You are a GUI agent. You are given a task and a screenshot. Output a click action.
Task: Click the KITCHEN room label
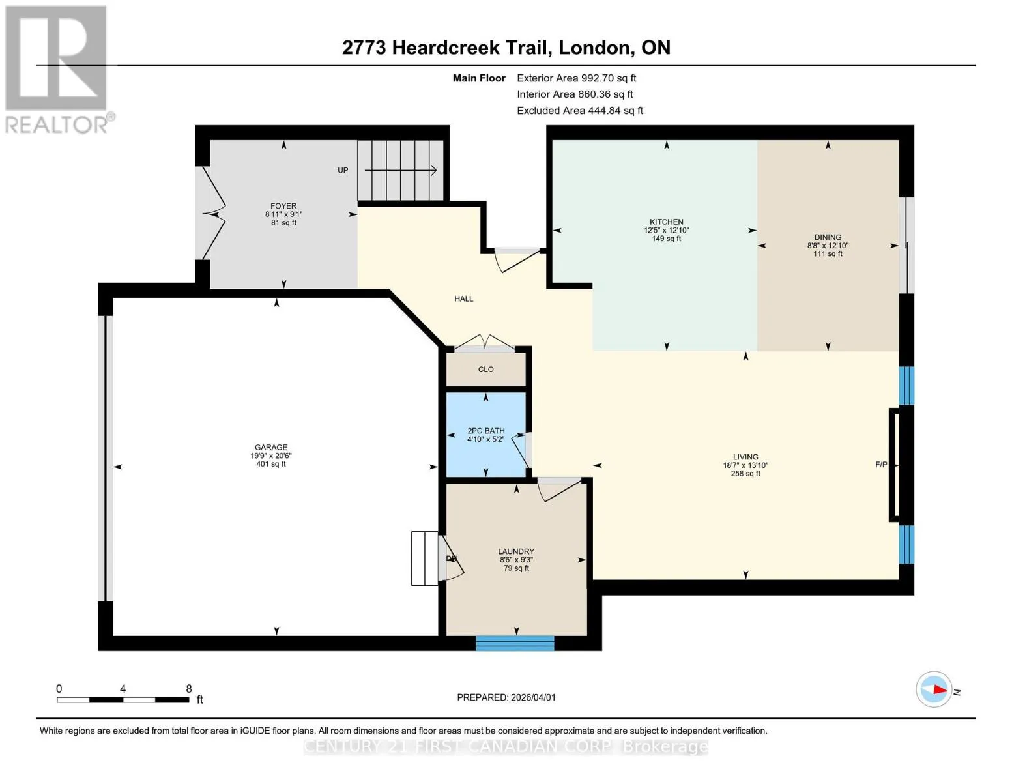667,222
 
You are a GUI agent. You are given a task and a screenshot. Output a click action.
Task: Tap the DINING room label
828,237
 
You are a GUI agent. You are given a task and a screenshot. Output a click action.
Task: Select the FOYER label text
283,206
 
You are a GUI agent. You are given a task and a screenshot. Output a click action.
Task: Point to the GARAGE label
271,447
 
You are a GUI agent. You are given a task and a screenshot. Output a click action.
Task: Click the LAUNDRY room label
516,551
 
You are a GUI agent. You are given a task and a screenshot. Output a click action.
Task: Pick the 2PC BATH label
485,431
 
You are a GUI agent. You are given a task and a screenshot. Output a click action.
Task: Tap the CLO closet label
485,369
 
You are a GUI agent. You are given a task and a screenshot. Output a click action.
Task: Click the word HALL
464,299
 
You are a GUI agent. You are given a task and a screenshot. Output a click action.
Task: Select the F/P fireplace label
881,465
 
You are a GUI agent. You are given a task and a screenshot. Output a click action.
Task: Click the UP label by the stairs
343,171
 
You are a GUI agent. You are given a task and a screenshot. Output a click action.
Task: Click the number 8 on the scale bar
188,689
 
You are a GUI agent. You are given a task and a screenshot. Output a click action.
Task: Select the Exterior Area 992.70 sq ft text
576,78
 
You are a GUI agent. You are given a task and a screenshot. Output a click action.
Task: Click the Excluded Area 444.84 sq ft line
580,111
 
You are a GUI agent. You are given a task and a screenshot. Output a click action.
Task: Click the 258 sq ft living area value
745,474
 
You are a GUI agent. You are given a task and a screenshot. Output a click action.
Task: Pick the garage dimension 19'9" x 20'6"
271,456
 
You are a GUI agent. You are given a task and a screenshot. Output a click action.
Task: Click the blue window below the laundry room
515,643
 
